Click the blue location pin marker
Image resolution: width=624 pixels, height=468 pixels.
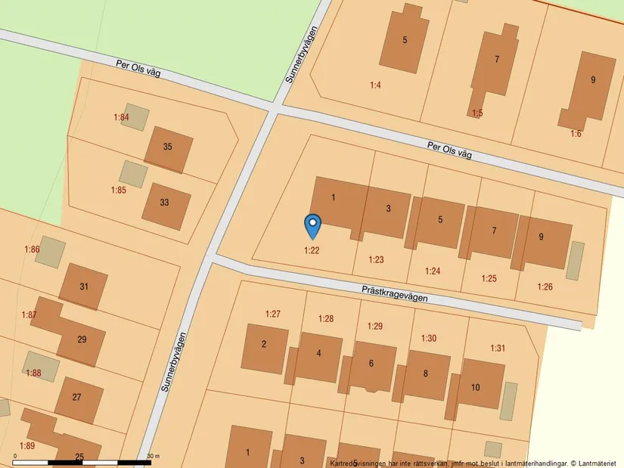tap(312, 225)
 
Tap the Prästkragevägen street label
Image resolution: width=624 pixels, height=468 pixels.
tap(394, 293)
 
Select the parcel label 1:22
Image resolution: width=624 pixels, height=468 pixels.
tap(312, 250)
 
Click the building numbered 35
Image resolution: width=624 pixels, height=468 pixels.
tap(168, 147)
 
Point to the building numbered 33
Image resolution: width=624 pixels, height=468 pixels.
tap(165, 203)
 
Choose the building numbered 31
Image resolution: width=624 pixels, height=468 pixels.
tap(83, 287)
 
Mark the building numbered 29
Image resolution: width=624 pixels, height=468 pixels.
tap(82, 339)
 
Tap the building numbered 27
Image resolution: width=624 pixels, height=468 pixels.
tap(77, 397)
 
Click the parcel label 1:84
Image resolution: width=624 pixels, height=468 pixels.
tap(121, 117)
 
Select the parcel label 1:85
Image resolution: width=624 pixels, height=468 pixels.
tap(119, 190)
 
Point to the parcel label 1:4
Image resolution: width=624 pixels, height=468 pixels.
tap(375, 85)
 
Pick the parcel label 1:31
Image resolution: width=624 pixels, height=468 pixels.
tap(498, 348)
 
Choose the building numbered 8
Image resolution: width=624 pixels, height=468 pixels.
tap(426, 373)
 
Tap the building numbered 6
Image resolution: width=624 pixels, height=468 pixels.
tap(371, 364)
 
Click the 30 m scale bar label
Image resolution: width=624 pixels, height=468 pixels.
tap(154, 456)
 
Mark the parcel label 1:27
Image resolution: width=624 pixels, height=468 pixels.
tap(273, 314)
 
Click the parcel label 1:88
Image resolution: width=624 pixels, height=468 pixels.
tap(33, 373)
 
